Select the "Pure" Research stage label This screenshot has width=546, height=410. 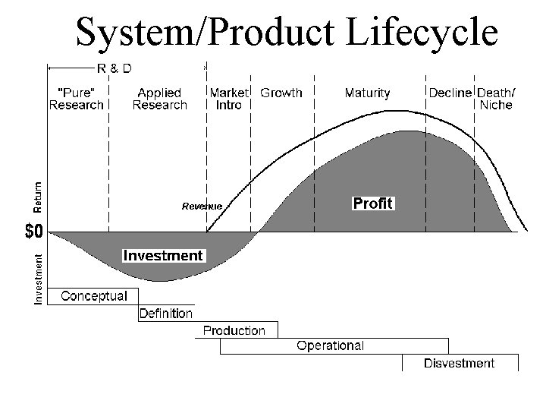pos(77,99)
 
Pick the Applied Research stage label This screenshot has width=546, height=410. pos(159,99)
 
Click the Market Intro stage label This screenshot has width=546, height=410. pos(229,99)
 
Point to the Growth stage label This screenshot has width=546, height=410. pos(281,93)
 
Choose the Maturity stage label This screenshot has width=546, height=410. pos(367,93)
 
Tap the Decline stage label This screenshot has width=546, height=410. pos(450,93)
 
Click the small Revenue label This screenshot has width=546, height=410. pos(202,206)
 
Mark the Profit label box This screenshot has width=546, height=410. pos(373,203)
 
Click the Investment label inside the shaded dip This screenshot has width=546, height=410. pos(163,256)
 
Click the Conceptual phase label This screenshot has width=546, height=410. pos(94,295)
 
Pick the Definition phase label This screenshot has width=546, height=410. pos(165,313)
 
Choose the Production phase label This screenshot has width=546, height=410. pos(234,330)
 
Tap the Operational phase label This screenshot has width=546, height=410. pos(330,346)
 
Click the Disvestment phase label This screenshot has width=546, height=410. pos(459,363)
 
